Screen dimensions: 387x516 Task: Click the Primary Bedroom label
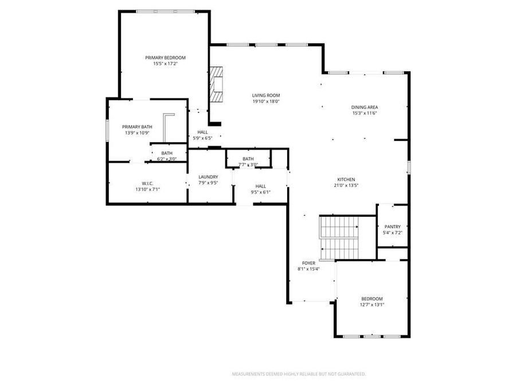tap(165, 57)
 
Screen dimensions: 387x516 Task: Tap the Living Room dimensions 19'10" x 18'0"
tap(266, 101)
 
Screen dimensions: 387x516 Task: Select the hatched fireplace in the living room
tap(215, 84)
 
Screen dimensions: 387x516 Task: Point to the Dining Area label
tap(365, 107)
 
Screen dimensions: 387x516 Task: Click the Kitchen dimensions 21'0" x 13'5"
tap(346, 185)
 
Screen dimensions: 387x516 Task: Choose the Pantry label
tap(393, 226)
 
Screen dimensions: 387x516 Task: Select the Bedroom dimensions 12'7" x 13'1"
tap(372, 305)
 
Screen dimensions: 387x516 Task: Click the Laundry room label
tap(208, 177)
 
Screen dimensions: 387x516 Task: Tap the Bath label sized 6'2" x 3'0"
tap(166, 153)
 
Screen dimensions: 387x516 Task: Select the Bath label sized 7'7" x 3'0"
tap(248, 158)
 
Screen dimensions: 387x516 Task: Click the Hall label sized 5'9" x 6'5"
tap(202, 132)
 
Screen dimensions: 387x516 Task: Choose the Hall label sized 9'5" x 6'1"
tap(260, 186)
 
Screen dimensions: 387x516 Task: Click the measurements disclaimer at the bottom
tap(298, 374)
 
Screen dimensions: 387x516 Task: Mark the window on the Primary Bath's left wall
tap(107, 129)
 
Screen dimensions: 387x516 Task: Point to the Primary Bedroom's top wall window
tap(165, 11)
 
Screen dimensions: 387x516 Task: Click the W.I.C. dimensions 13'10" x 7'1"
tap(147, 189)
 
